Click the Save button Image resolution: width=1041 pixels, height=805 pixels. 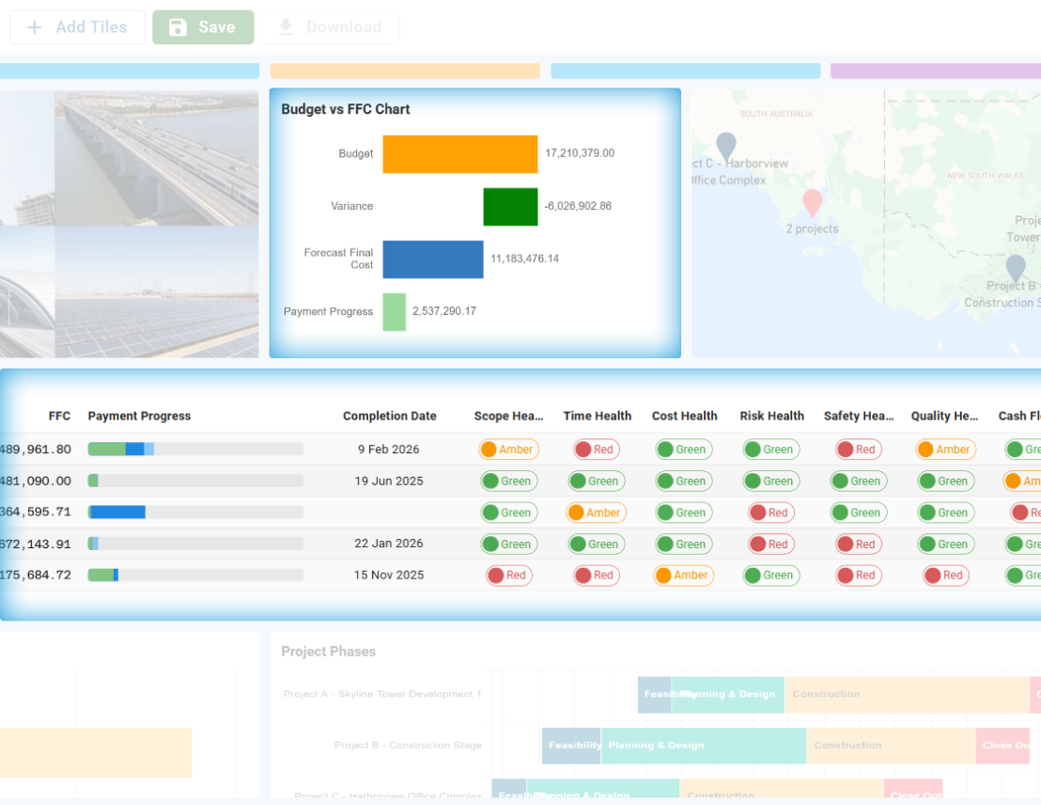[203, 27]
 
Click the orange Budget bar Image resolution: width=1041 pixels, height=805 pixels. [459, 154]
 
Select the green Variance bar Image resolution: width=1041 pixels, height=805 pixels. [510, 207]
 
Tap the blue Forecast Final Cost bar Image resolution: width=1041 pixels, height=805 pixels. [432, 260]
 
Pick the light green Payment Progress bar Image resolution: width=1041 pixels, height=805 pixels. [394, 312]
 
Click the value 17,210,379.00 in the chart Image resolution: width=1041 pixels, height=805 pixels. [580, 153]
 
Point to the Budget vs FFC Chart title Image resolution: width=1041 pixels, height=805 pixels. [346, 109]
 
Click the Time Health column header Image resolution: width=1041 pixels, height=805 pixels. [597, 416]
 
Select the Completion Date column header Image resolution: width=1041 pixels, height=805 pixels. [389, 416]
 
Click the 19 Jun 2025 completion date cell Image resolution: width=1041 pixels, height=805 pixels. [389, 481]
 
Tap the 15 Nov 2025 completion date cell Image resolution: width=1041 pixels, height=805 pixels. [389, 576]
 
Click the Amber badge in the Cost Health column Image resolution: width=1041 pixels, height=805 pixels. [684, 576]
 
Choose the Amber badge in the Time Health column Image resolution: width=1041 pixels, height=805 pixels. [597, 513]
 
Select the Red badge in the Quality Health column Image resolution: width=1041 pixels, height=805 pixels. [946, 576]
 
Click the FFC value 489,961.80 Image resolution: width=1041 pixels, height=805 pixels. [36, 450]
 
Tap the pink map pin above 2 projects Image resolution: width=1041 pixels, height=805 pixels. [812, 202]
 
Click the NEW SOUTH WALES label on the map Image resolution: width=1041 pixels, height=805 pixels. [985, 176]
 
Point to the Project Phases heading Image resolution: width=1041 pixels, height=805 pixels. [328, 652]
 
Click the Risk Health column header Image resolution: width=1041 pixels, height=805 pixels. [771, 416]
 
